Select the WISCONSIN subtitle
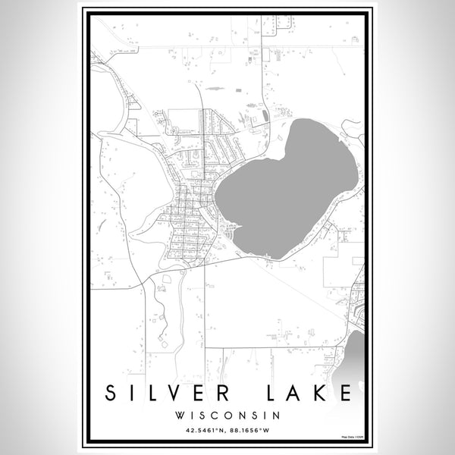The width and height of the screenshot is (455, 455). pyautogui.click(x=227, y=415)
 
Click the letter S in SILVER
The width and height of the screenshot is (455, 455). pyautogui.click(x=111, y=393)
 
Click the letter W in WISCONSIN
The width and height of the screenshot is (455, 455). pyautogui.click(x=179, y=415)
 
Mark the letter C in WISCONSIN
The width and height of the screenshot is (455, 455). pyautogui.click(x=217, y=415)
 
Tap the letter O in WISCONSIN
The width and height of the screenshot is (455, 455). pyautogui.click(x=229, y=415)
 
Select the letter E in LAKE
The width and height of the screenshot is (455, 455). pyautogui.click(x=346, y=393)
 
